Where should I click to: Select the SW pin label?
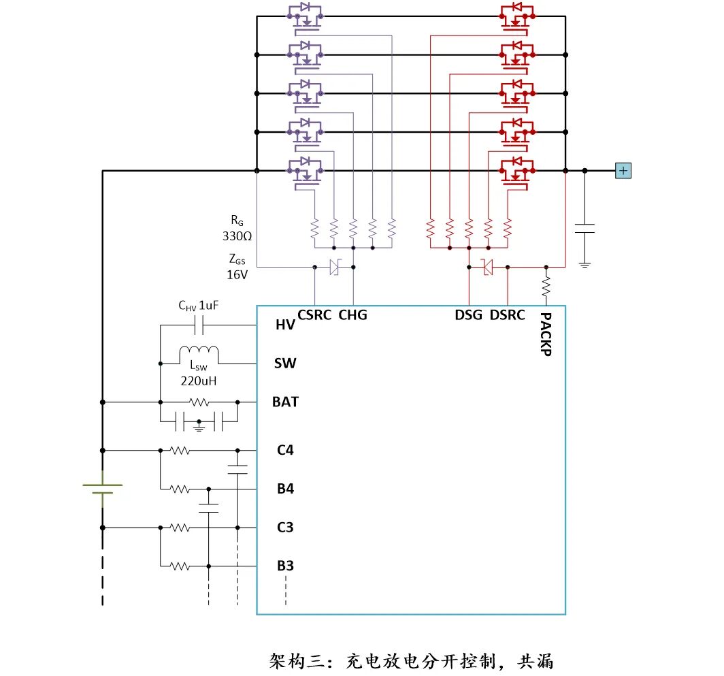(285, 364)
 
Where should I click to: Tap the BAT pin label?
(285, 402)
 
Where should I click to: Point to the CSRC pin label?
(314, 315)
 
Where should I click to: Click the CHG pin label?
(352, 315)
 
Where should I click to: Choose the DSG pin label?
(469, 315)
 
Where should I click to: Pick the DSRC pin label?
(508, 315)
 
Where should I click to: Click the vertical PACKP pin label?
(545, 334)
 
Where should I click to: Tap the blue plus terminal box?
(623, 171)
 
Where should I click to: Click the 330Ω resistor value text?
(237, 237)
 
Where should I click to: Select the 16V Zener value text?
(237, 274)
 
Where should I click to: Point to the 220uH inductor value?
(199, 381)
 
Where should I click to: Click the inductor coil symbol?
(199, 353)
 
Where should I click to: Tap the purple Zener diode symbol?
(334, 268)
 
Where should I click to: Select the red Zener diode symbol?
(487, 268)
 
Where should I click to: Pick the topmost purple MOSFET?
(306, 18)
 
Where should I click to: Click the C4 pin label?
(285, 450)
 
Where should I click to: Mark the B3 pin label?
(285, 566)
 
